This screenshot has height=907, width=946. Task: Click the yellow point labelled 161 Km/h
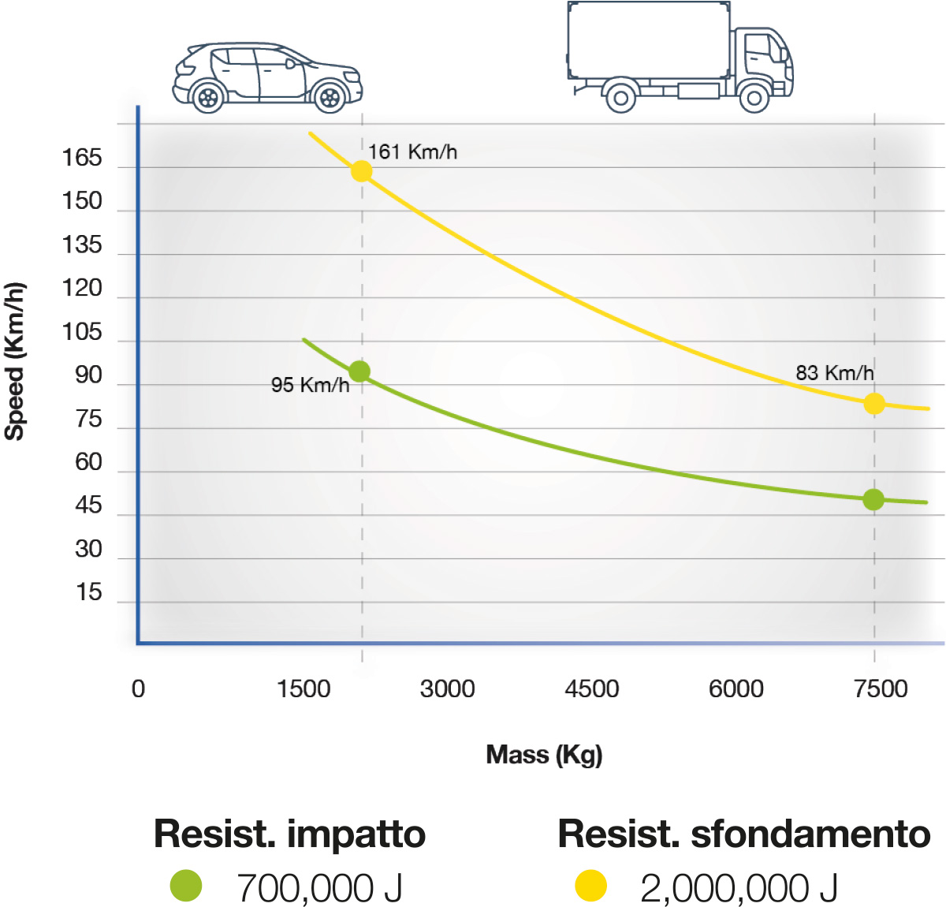coord(361,171)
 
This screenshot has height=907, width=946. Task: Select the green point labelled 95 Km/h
coord(359,371)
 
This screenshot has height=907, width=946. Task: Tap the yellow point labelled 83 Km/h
coord(873,404)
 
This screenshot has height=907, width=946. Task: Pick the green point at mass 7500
coord(873,499)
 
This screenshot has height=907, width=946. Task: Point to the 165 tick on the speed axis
coord(82,159)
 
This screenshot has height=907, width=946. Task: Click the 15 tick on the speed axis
coord(89,592)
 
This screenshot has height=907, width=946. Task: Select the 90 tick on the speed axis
coord(88,375)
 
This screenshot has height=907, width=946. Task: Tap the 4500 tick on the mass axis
coord(591,689)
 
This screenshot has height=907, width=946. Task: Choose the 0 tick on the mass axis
coord(138,689)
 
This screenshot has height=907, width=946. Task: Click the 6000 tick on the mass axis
coord(736,689)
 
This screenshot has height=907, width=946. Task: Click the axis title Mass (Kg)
coord(544,755)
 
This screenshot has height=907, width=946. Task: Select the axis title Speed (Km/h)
coord(15,360)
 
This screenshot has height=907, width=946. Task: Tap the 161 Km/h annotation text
coord(412,151)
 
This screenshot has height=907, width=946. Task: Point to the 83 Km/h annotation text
coord(834,372)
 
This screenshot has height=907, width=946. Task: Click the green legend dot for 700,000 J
coord(186,886)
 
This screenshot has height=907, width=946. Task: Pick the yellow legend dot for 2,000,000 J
coord(590,886)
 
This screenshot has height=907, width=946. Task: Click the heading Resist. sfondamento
coord(743,834)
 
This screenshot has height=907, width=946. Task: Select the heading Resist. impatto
coord(289,834)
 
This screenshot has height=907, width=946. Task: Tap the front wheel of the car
coord(330,98)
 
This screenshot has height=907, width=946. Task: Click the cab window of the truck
coord(758,47)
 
